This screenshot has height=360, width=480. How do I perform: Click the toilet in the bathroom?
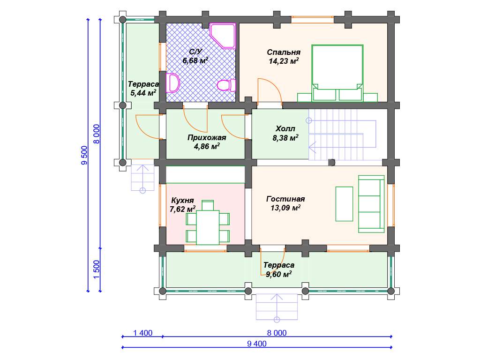pos(226,85)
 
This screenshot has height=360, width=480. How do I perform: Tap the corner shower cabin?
pos(223,36)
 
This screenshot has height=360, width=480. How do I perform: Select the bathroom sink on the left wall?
pos(172,82)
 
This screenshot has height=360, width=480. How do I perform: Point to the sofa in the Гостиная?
pos(371,204)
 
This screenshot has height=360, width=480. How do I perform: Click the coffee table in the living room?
pos(344,204)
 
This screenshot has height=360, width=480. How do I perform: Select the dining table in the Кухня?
pos(208,227)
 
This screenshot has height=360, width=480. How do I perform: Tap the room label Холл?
pos(285,128)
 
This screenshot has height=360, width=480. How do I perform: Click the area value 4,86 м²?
pos(207,146)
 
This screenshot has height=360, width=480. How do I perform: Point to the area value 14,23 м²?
pos(284,61)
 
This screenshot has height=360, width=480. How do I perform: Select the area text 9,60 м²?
pos(278,274)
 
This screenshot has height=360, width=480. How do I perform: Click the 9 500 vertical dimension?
pos(84,155)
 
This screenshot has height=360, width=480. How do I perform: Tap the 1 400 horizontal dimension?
pos(142,333)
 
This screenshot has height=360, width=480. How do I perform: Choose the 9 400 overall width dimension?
pos(257,344)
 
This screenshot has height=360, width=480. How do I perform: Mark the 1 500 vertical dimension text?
pos(97,270)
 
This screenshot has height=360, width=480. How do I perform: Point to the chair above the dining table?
pos(208,205)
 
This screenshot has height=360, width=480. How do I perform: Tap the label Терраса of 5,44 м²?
pos(143,84)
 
